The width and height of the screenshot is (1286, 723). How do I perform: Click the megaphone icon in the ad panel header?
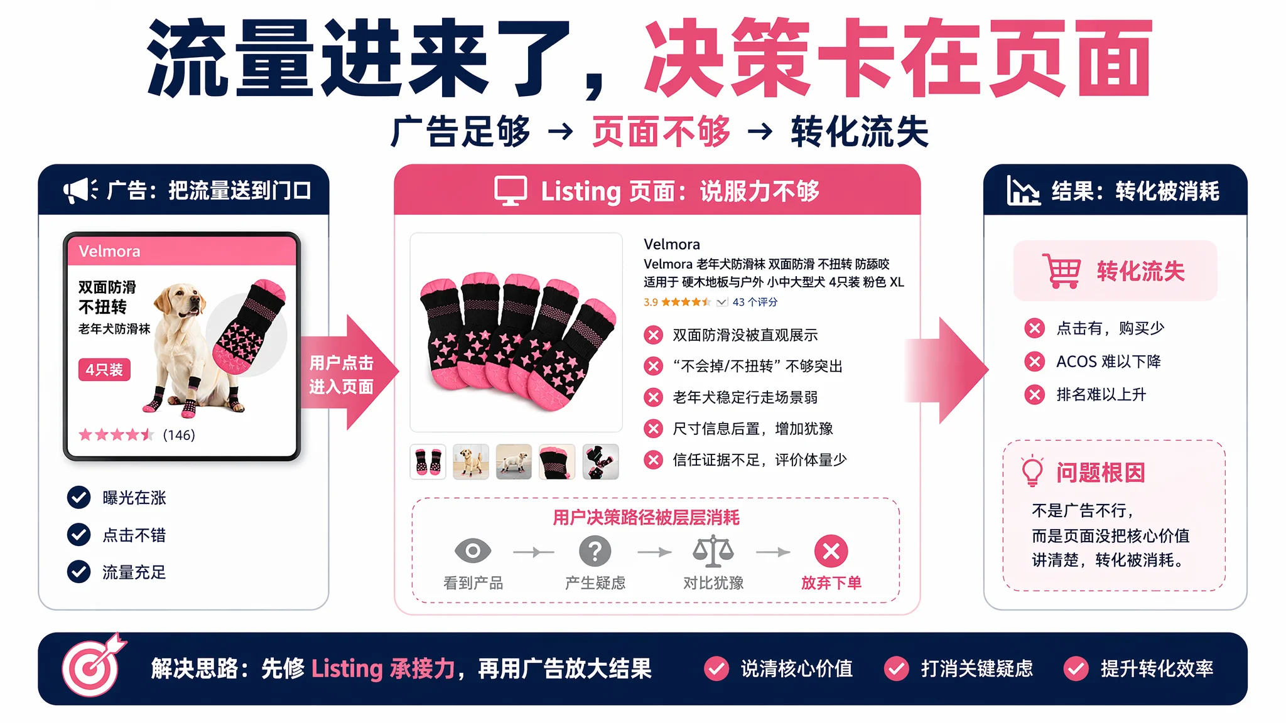coord(80,190)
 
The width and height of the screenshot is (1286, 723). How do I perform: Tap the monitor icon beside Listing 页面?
coord(510,191)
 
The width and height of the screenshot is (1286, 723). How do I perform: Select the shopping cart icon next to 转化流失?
coord(1061,270)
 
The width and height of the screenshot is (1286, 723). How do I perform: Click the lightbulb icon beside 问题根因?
coord(1032,471)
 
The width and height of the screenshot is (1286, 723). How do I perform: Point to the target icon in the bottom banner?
coord(93,665)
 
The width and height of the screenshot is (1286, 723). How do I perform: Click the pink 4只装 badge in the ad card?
coord(104,370)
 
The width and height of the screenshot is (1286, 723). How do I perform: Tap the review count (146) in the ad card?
coord(179,435)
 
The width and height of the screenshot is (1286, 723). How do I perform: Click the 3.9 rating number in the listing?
coord(651,303)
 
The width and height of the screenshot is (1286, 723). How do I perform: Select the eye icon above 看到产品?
coord(473,551)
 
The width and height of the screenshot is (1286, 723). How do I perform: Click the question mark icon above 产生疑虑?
coord(595,551)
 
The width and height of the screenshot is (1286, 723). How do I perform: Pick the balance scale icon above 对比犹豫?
coord(713,551)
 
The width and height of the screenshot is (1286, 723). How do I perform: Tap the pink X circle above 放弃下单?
coord(831,551)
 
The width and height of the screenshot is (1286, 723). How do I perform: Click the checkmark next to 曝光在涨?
coord(78,498)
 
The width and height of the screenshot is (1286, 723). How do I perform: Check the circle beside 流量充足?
coord(78,572)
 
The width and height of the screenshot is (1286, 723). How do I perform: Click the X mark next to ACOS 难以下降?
coord(1034,361)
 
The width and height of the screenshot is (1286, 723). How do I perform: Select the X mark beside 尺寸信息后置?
coord(653,429)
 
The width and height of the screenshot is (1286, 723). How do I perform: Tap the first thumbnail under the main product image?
coord(428,462)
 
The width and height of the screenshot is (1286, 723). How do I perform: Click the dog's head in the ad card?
coord(181,300)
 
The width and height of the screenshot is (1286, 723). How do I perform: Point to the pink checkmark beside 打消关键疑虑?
coord(896,668)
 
